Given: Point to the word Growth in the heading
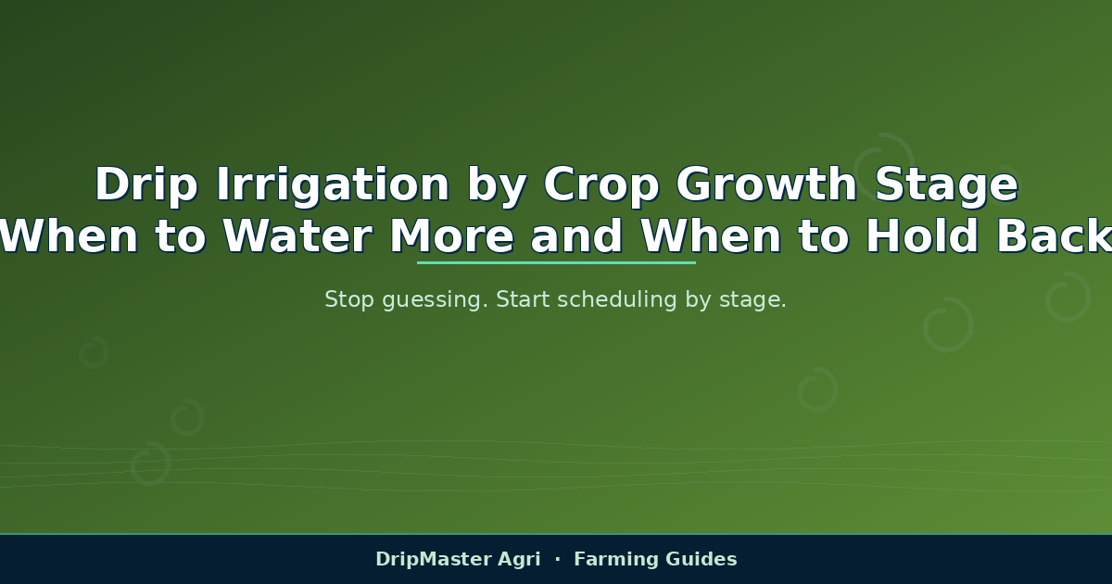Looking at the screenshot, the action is pos(766,184).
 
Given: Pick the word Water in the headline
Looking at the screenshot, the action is pos(297,235).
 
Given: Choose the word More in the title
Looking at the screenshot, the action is pos(452,235).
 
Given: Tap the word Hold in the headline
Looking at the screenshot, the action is pos(922,235).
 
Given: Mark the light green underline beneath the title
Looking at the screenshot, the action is pos(556,262).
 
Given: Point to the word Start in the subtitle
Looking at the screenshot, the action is pos(523,299).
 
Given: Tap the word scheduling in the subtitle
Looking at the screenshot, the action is pos(617,301).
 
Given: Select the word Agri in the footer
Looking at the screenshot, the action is pos(519,560).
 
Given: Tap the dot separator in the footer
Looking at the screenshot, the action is pos(558,559).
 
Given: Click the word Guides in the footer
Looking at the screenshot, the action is pos(701,559).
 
